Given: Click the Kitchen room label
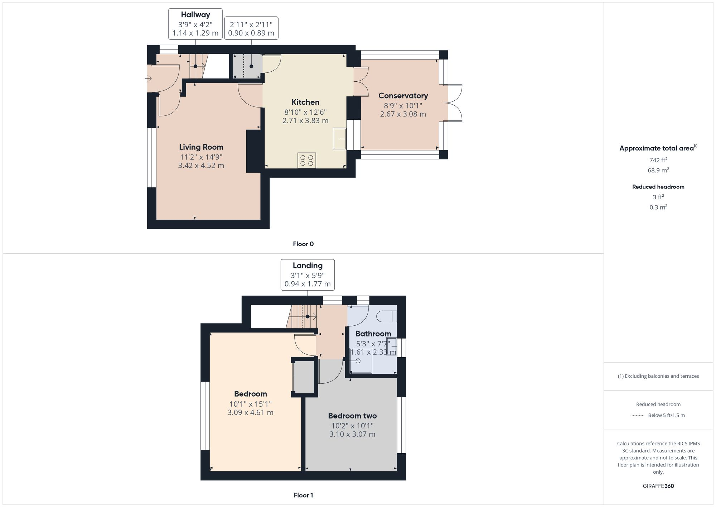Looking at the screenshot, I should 305,102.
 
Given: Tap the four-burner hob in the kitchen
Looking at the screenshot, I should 306,160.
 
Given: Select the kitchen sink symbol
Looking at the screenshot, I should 339,139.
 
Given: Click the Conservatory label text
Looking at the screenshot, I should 403,96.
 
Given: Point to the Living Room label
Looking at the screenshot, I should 201,147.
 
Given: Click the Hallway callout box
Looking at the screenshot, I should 195,24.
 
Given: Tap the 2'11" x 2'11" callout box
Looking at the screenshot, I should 251,28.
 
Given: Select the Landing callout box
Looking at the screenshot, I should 308,275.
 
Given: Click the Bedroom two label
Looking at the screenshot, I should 352,416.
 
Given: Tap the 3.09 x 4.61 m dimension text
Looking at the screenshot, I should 250,412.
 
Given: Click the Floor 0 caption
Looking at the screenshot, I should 303,244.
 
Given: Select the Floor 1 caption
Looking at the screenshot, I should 303,495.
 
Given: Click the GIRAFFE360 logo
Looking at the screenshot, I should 658,486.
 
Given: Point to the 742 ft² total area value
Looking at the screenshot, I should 658,160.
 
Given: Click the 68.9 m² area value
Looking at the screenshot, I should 658,170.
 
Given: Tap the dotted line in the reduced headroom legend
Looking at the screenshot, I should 638,416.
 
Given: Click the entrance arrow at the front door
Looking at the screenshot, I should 148,78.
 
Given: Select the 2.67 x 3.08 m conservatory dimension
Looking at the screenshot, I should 403,114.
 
